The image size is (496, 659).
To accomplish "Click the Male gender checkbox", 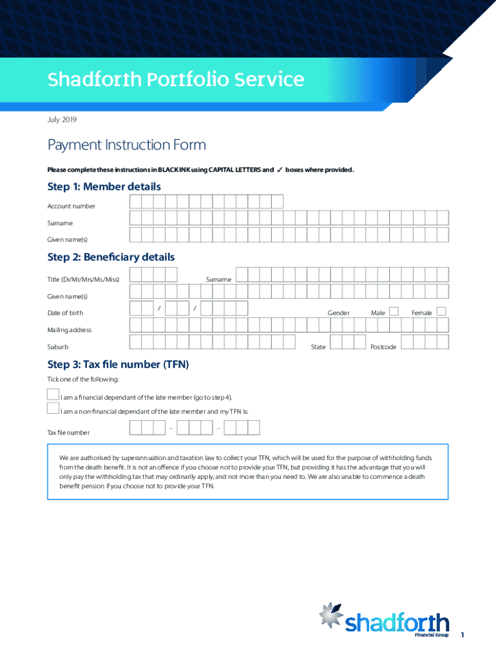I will coord(394,311).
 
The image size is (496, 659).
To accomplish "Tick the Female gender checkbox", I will coord(441,311).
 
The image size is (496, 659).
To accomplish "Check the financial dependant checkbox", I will coord(53,394).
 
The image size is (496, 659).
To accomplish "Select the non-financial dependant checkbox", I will coord(53,408).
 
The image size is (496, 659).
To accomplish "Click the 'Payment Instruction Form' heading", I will coord(126,145).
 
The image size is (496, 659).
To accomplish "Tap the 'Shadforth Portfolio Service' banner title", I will coord(175,80).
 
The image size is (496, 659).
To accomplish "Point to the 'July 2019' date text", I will coord(62,120).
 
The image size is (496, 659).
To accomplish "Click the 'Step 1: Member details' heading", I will coord(104,187).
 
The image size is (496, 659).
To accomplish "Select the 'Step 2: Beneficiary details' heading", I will coord(111,257).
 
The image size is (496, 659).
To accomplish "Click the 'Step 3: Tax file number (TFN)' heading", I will coord(118,364).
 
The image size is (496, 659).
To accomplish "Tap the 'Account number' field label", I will coord(71,207).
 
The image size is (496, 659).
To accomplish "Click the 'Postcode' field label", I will coord(383,348).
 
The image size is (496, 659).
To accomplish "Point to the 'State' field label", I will coord(318,347).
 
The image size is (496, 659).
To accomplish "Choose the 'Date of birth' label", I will coord(64,313).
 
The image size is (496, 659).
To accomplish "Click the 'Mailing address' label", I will coord(69,330).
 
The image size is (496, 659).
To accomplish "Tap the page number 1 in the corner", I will coord(462,636).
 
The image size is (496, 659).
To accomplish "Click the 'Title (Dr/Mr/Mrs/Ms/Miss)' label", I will coord(83,279).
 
